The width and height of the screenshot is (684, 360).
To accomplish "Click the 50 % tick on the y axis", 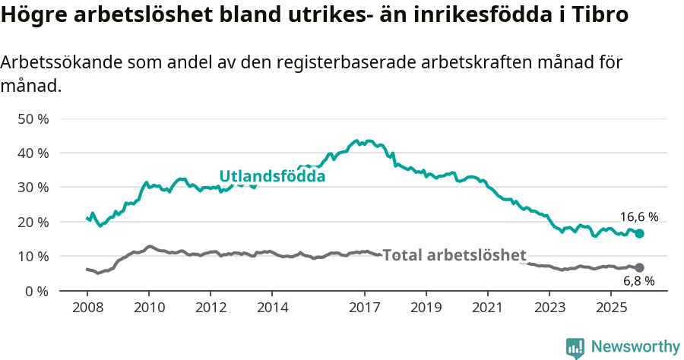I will coord(33,119).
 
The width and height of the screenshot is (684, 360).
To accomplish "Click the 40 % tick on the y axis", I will coord(33,153).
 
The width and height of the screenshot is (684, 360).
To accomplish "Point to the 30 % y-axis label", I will coord(33,188).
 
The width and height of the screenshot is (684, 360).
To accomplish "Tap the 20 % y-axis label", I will coord(33,223).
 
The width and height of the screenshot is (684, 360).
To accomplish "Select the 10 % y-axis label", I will coord(33,257).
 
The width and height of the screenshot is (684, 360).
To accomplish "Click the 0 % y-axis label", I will coord(37,291).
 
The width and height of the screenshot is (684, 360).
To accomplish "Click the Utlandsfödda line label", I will coord(272,176).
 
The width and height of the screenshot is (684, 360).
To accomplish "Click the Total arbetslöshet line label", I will coord(454,255).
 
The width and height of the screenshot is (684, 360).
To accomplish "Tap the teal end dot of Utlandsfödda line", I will coord(639,233).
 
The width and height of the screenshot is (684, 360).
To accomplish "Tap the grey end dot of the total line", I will coord(639,267).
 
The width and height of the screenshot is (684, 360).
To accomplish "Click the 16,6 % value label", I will coord(638,216).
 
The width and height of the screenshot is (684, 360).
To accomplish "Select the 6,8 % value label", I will coord(638,282).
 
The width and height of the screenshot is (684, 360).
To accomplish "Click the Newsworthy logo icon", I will coord(575,348).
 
